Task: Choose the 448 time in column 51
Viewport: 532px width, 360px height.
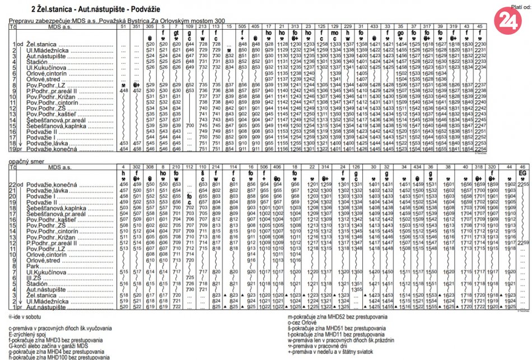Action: (x=124, y=90)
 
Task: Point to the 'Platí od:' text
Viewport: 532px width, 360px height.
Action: (x=520, y=7)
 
